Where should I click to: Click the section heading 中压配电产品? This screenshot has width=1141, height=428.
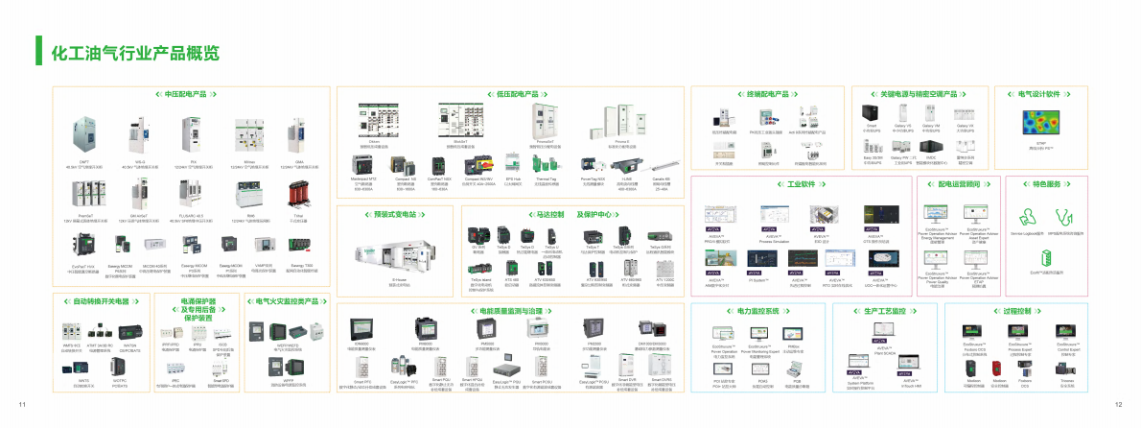[x=187, y=95]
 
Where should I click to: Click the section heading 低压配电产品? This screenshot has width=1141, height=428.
[x=510, y=95]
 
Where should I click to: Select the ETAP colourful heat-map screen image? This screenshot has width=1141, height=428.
[x=1053, y=122]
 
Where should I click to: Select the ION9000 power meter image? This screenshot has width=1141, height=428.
[x=361, y=329]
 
